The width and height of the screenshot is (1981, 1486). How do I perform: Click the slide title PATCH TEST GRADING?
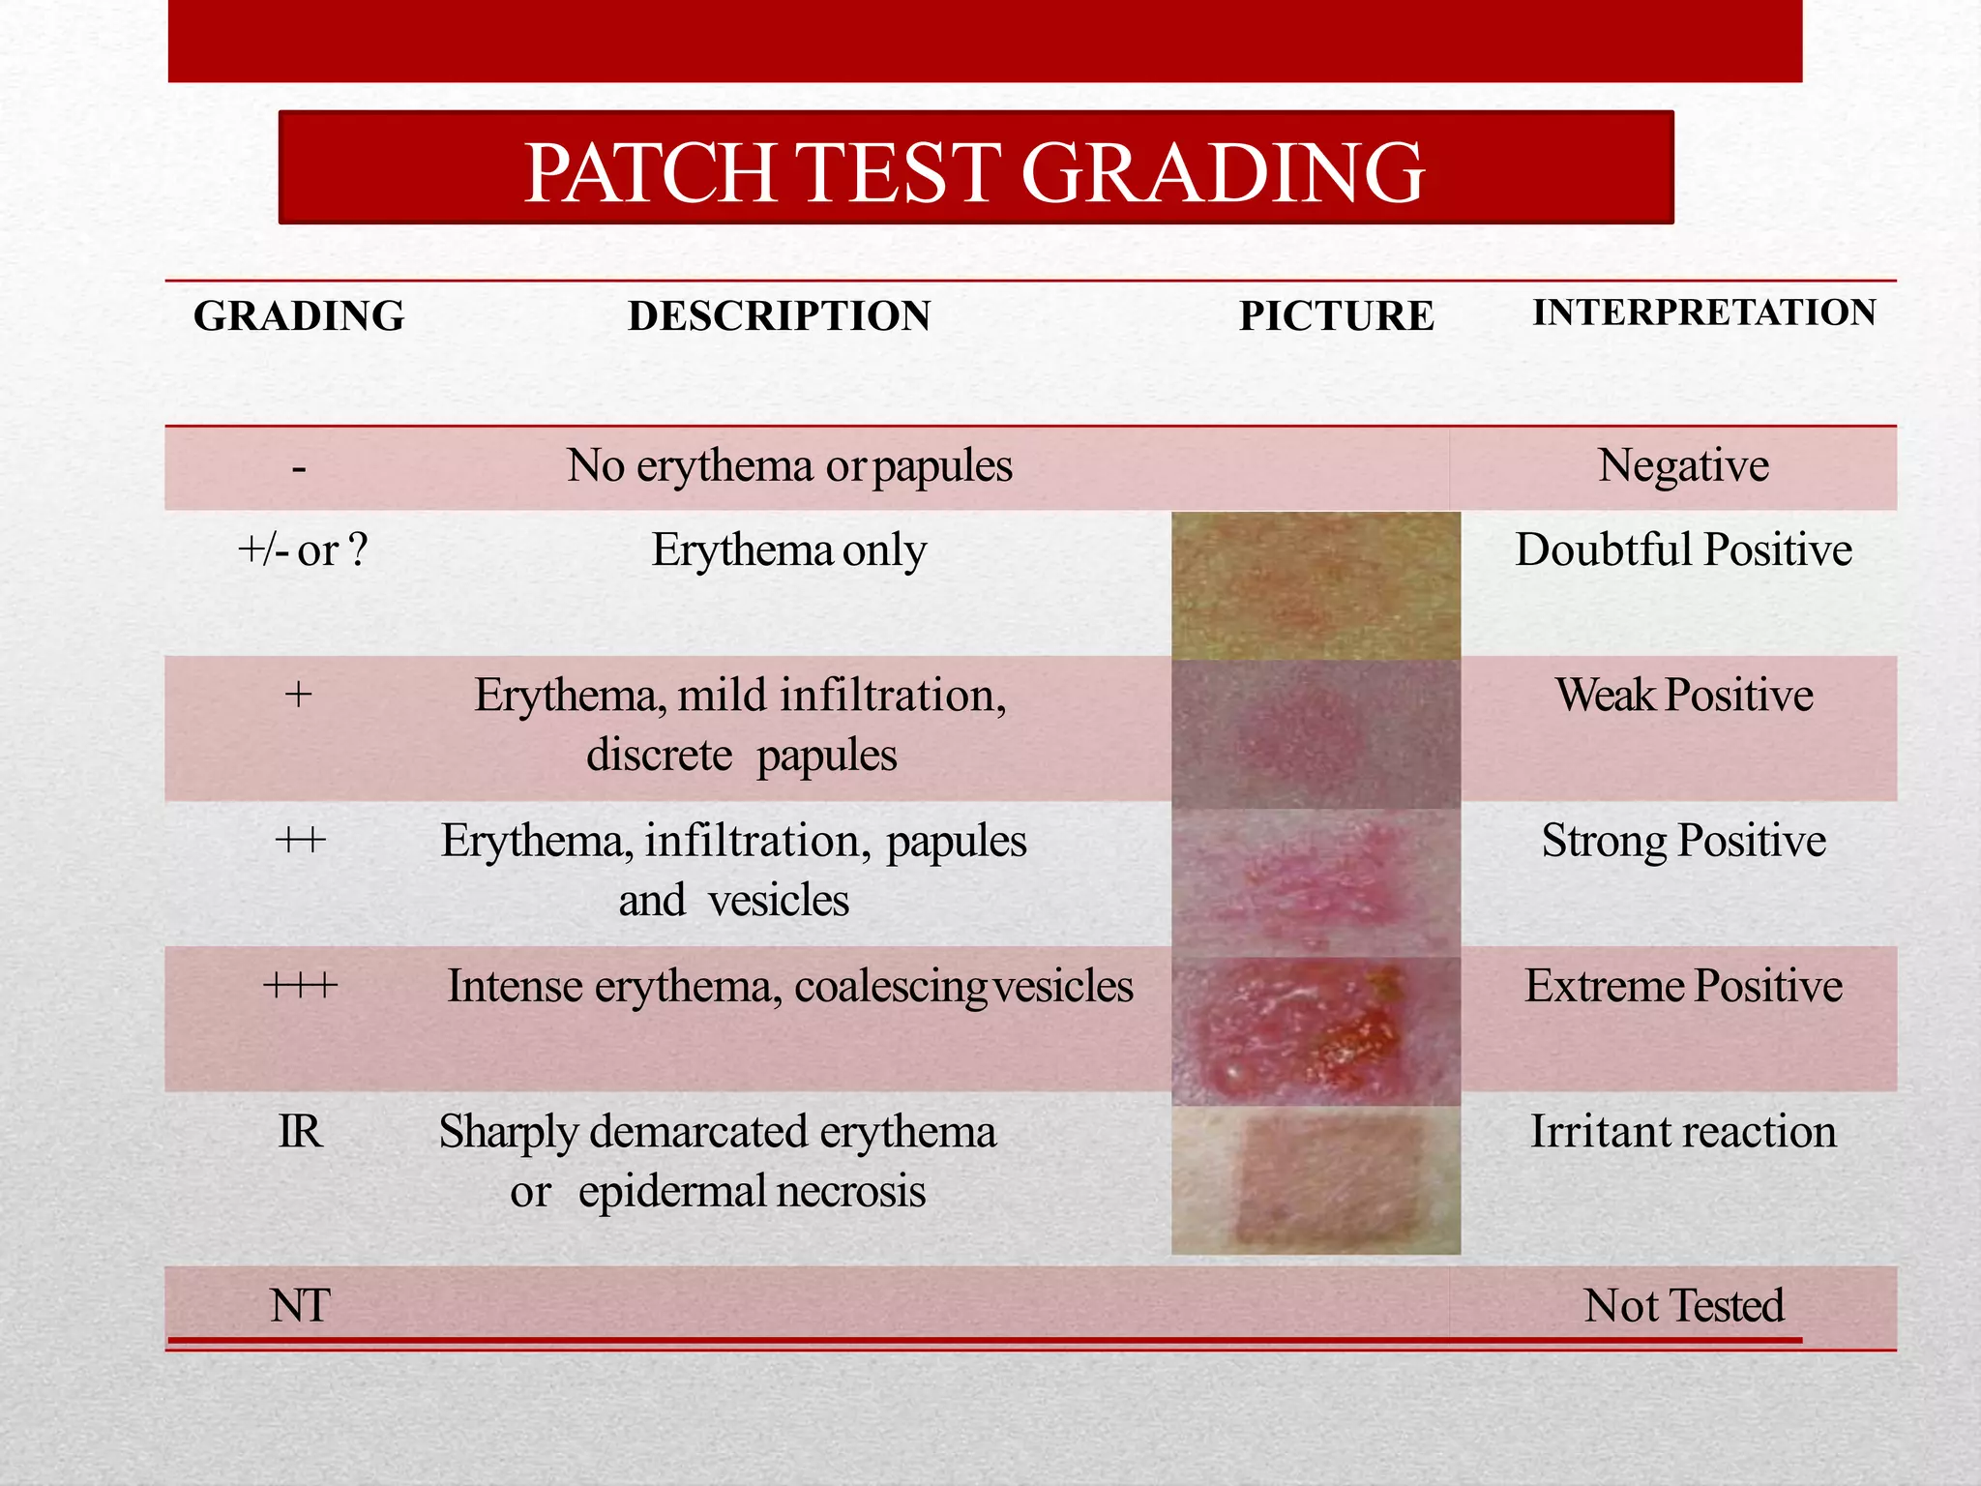[x=974, y=172]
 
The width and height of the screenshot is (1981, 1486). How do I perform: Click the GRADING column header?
[x=299, y=316]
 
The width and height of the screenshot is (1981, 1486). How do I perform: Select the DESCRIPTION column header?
[x=779, y=316]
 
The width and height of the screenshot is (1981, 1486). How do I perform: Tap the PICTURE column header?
[x=1337, y=316]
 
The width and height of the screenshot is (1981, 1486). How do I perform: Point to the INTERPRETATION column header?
[x=1704, y=312]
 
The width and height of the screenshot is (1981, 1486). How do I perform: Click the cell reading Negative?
[x=1683, y=466]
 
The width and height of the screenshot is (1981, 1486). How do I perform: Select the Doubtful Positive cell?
[x=1683, y=550]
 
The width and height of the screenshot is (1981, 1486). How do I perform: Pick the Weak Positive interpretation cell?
[x=1683, y=696]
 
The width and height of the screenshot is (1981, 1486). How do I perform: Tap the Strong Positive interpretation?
[x=1683, y=841]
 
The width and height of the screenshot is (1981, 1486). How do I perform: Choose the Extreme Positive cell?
[x=1683, y=987]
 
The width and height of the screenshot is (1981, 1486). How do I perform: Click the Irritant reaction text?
[x=1683, y=1132]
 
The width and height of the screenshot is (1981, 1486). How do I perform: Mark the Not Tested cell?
[x=1683, y=1306]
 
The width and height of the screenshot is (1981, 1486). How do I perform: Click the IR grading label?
[x=300, y=1132]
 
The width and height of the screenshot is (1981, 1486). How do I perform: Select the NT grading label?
[x=300, y=1306]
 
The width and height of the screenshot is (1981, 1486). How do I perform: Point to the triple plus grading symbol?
[x=300, y=987]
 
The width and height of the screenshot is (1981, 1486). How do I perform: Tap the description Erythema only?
[x=788, y=550]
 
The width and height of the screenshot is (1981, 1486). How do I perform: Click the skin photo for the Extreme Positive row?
[x=1316, y=1031]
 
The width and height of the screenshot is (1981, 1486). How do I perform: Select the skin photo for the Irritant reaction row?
[x=1316, y=1180]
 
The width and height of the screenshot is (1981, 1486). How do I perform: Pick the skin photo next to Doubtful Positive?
[x=1316, y=586]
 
